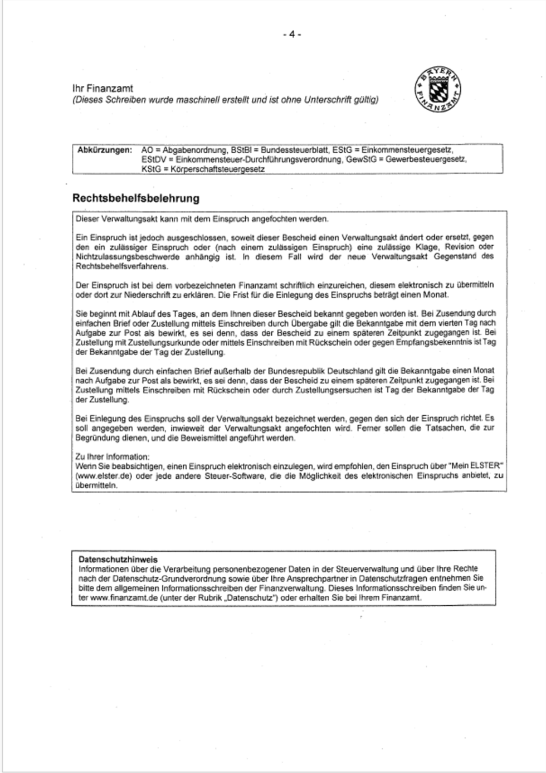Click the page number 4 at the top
(x=291, y=35)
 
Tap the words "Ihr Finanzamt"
(x=103, y=89)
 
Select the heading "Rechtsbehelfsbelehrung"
(x=135, y=198)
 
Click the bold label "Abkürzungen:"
(x=105, y=150)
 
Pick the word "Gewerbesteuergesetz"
(x=426, y=159)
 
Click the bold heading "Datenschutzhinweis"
(x=118, y=559)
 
